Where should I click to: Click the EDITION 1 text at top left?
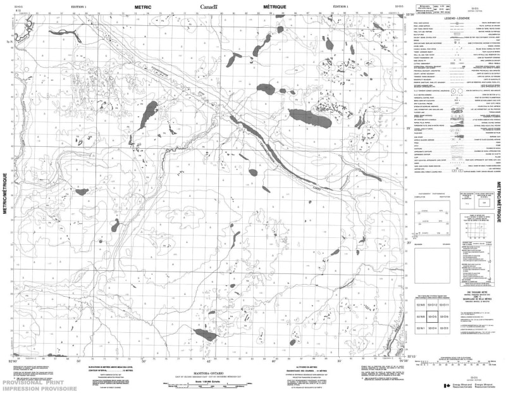coord(79,6)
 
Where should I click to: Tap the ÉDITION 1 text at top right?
coord(339,6)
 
